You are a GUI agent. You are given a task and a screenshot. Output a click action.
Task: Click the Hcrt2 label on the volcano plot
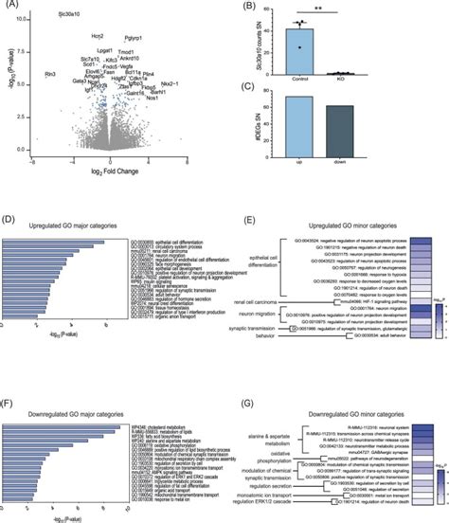[98, 35]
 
